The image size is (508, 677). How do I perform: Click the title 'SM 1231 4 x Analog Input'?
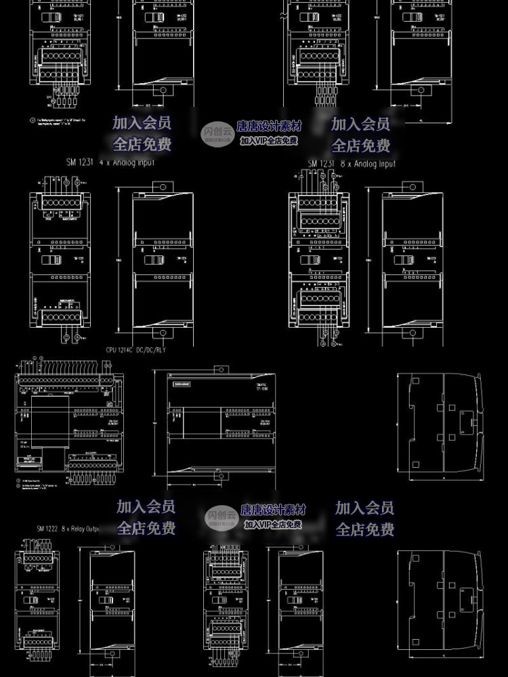[x=110, y=162]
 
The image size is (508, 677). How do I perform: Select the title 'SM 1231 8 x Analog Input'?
[x=352, y=163]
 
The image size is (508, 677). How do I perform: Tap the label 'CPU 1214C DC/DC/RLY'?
[x=136, y=350]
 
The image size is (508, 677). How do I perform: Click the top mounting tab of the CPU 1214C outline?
[x=218, y=368]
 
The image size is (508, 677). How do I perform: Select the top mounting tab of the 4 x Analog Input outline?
[x=161, y=186]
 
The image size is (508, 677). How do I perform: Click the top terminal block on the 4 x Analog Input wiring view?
[x=61, y=201]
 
